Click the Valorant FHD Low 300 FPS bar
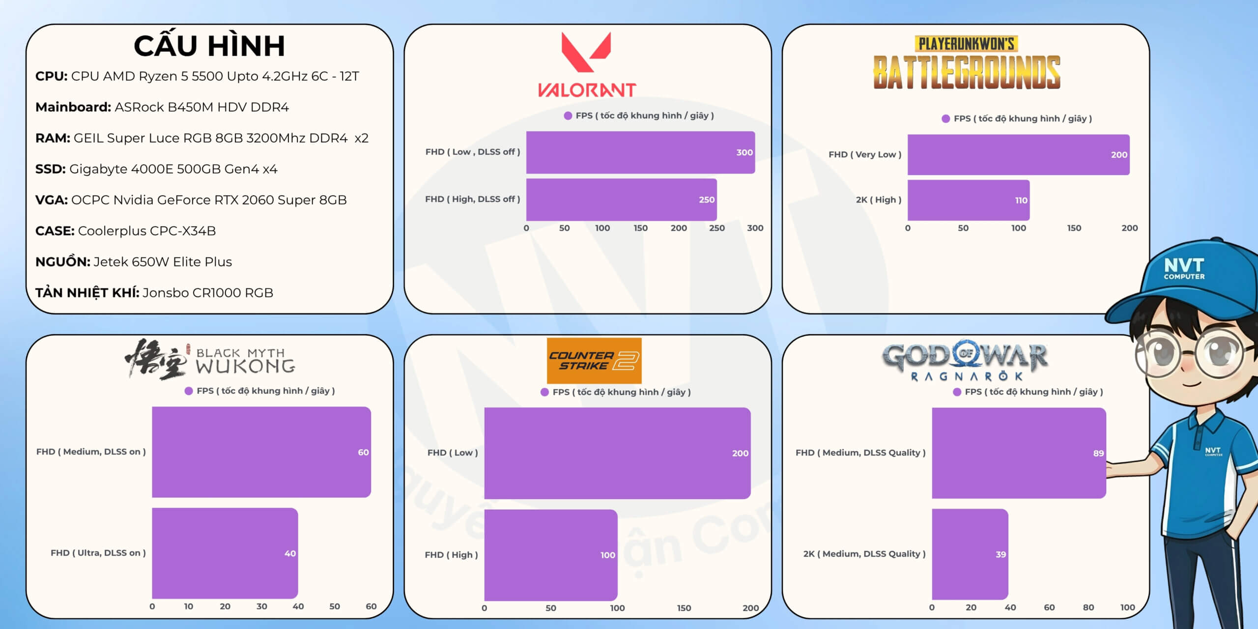[x=640, y=152]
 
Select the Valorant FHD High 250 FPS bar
[x=621, y=200]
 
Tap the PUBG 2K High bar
[x=968, y=200]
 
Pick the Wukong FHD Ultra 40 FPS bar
[x=225, y=553]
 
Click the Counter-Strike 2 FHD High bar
[x=550, y=555]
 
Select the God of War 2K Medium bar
[x=970, y=554]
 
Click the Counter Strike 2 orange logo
[x=594, y=361]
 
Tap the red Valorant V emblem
[x=586, y=52]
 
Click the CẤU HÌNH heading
[x=209, y=46]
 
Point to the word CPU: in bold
[x=51, y=76]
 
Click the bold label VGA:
[x=51, y=200]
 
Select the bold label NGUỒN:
[x=62, y=261]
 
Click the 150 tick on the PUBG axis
[x=1074, y=228]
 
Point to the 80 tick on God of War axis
[x=1088, y=607]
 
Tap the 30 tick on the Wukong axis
[x=261, y=606]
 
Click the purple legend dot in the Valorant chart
[x=568, y=115]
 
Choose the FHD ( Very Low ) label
[x=865, y=154]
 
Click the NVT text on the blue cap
[x=1184, y=266]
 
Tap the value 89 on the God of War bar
[x=1098, y=453]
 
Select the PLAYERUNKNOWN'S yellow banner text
[x=966, y=44]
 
